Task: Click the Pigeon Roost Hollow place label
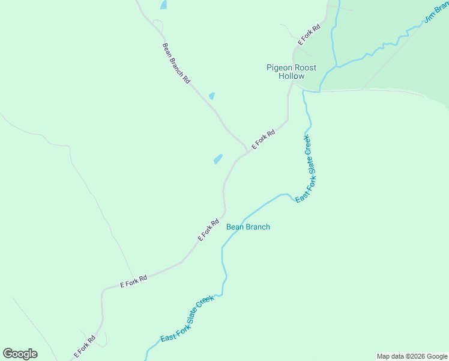coord(291,72)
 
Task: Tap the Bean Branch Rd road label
coord(176,63)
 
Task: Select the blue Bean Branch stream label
coord(248,227)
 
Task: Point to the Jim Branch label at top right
coord(436,12)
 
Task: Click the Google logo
coord(20,354)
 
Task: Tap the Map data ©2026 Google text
coord(411,356)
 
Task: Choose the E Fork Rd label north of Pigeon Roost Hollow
coord(309,35)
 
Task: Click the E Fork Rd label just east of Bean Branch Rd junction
coord(263,140)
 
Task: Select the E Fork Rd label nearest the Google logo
coord(85,346)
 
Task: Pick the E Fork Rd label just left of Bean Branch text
coord(208,230)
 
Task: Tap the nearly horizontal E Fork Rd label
coord(133,280)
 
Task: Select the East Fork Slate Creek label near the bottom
coord(187,319)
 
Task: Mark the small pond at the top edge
coord(163,5)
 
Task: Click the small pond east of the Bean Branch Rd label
coord(211,96)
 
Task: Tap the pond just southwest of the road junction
coord(218,159)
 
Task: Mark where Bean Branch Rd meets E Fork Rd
coord(247,149)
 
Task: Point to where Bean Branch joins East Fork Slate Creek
coord(297,200)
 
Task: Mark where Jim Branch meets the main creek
coord(336,66)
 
